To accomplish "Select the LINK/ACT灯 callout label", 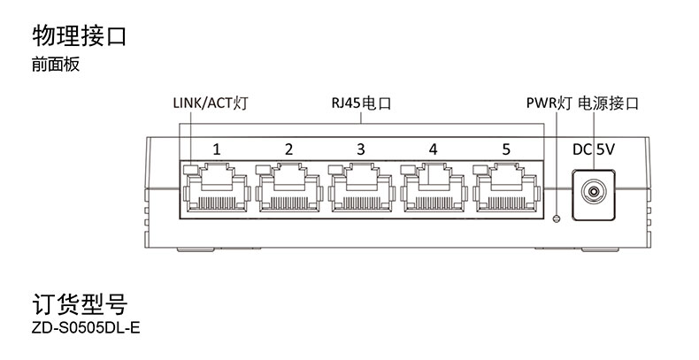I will [x=211, y=103].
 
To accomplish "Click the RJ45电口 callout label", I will [x=361, y=103].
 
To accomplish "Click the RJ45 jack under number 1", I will [x=216, y=188].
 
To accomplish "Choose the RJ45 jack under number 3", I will [x=361, y=188].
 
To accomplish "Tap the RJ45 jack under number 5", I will [x=506, y=188].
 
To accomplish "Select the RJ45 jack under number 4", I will [x=434, y=188].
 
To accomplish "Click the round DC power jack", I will [x=594, y=191].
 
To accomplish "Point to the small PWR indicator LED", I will [x=556, y=218].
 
